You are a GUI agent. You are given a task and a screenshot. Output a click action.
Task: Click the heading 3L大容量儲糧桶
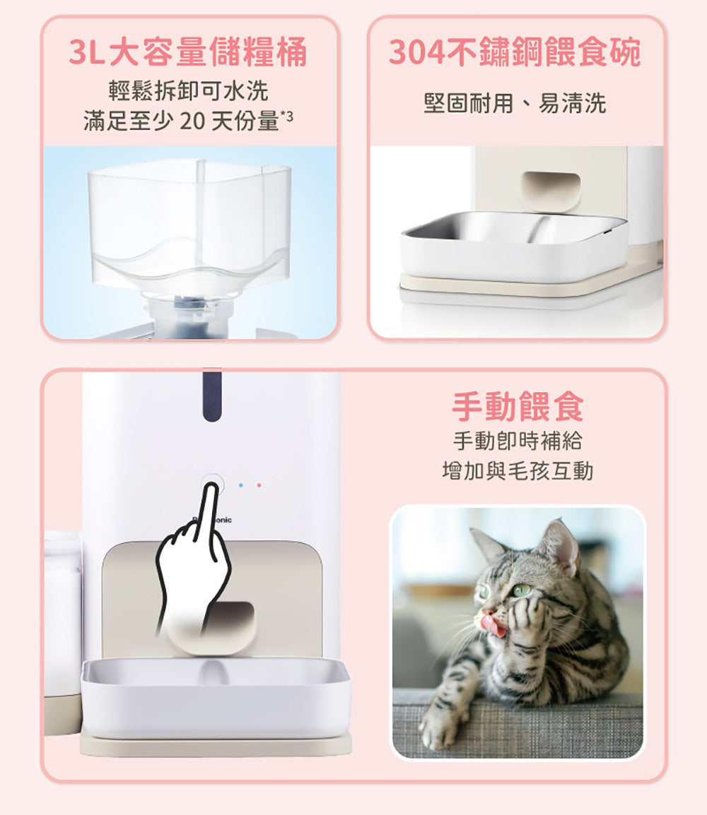tap(188, 53)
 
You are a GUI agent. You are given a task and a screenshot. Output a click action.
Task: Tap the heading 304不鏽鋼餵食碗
tap(515, 53)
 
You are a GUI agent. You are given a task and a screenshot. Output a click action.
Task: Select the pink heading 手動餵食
tap(518, 407)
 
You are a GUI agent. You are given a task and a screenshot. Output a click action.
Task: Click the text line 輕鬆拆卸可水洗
tap(188, 91)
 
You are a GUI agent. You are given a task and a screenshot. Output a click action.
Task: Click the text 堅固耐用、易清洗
tap(515, 105)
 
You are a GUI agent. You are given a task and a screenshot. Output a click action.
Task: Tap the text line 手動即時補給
tap(518, 441)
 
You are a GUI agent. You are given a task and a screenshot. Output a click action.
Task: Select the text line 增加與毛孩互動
tap(518, 470)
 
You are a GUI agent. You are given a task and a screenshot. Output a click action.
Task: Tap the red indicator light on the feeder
tap(259, 486)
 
